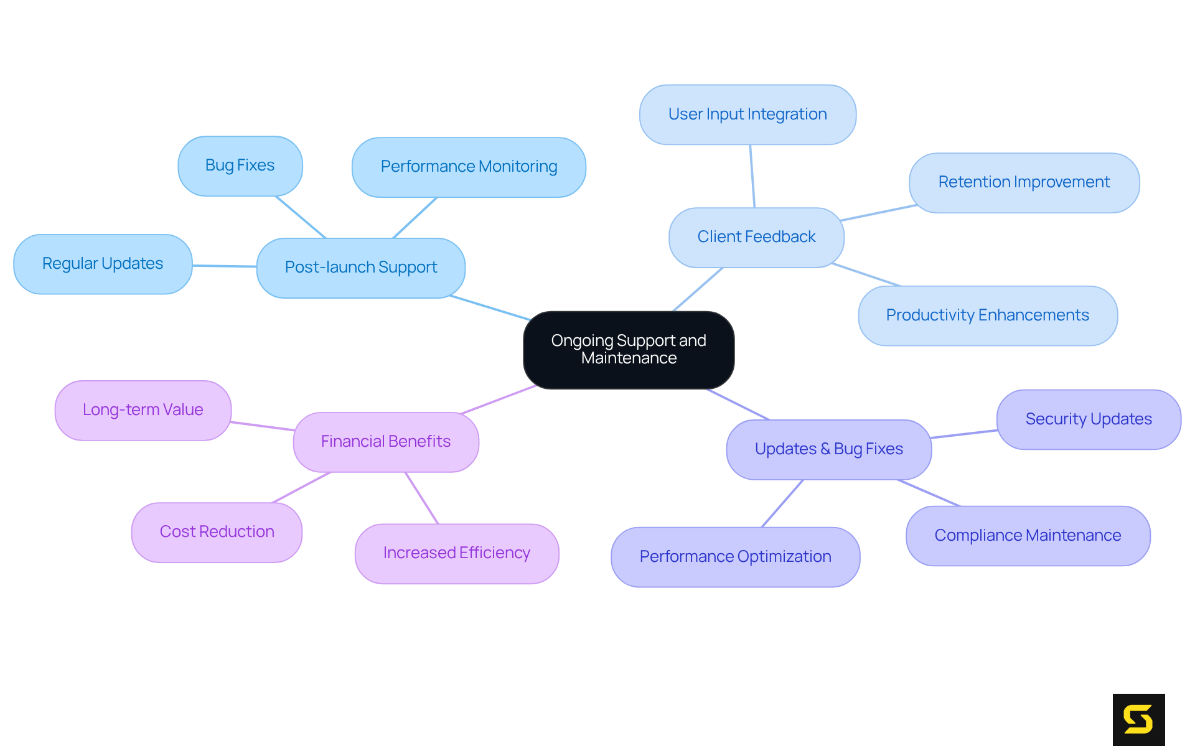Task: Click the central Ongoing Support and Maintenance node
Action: [x=629, y=350]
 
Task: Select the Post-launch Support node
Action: [x=361, y=268]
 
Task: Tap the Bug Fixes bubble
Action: [x=240, y=166]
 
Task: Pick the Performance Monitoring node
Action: [x=469, y=167]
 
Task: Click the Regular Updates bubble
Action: [x=103, y=264]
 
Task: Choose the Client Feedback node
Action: [x=756, y=237]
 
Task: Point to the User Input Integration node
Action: [x=747, y=114]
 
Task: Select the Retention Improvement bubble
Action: [x=1024, y=182]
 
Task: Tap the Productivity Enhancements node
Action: [x=988, y=315]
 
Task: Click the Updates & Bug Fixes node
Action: [x=828, y=449]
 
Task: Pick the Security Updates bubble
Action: [x=1089, y=419]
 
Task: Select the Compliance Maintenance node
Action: [x=1028, y=536]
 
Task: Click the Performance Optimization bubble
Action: [x=735, y=557]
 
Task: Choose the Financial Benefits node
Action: [x=386, y=442]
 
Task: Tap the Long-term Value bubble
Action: [x=143, y=410]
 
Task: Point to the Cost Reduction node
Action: [x=217, y=532]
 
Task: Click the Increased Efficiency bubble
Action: [x=457, y=553]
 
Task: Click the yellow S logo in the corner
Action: [x=1138, y=719]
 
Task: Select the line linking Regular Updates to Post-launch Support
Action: [x=224, y=266]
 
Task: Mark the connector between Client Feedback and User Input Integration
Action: [x=752, y=176]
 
